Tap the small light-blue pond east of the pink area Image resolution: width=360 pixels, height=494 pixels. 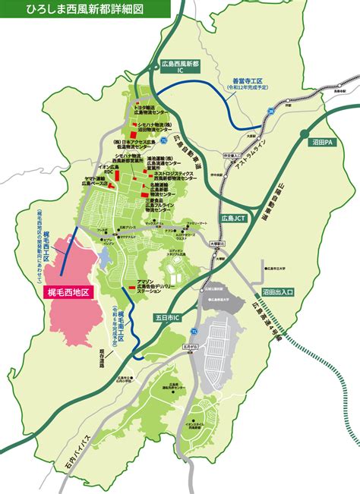[x=105, y=257]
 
